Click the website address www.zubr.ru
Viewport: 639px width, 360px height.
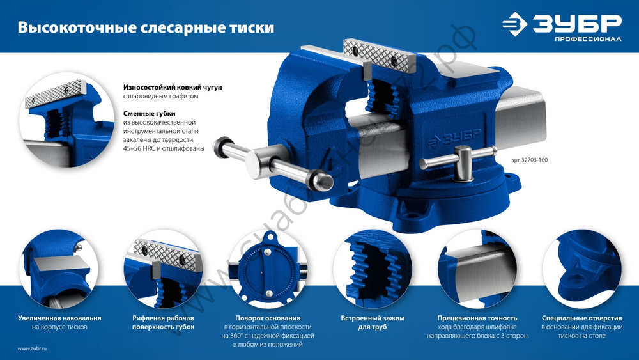pos(33,348)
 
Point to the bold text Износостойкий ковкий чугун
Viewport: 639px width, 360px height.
pos(173,86)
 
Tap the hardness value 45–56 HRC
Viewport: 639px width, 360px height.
pos(143,148)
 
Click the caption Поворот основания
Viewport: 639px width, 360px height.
pos(268,318)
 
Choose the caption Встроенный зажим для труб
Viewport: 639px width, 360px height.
pos(373,322)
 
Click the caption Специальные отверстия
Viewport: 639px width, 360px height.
pos(581,318)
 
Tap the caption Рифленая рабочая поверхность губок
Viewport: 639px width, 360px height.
pos(163,322)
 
